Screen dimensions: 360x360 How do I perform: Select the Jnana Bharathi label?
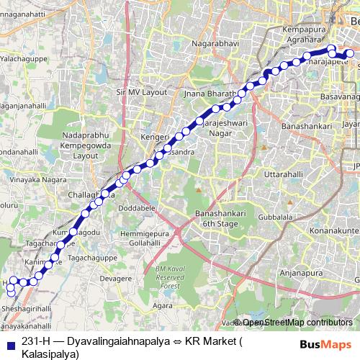[x=210, y=94]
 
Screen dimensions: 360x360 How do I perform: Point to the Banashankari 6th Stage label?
[x=220, y=219]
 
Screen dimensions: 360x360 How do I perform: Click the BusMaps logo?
[x=321, y=343]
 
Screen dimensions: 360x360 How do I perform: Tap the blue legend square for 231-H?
[x=10, y=342]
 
